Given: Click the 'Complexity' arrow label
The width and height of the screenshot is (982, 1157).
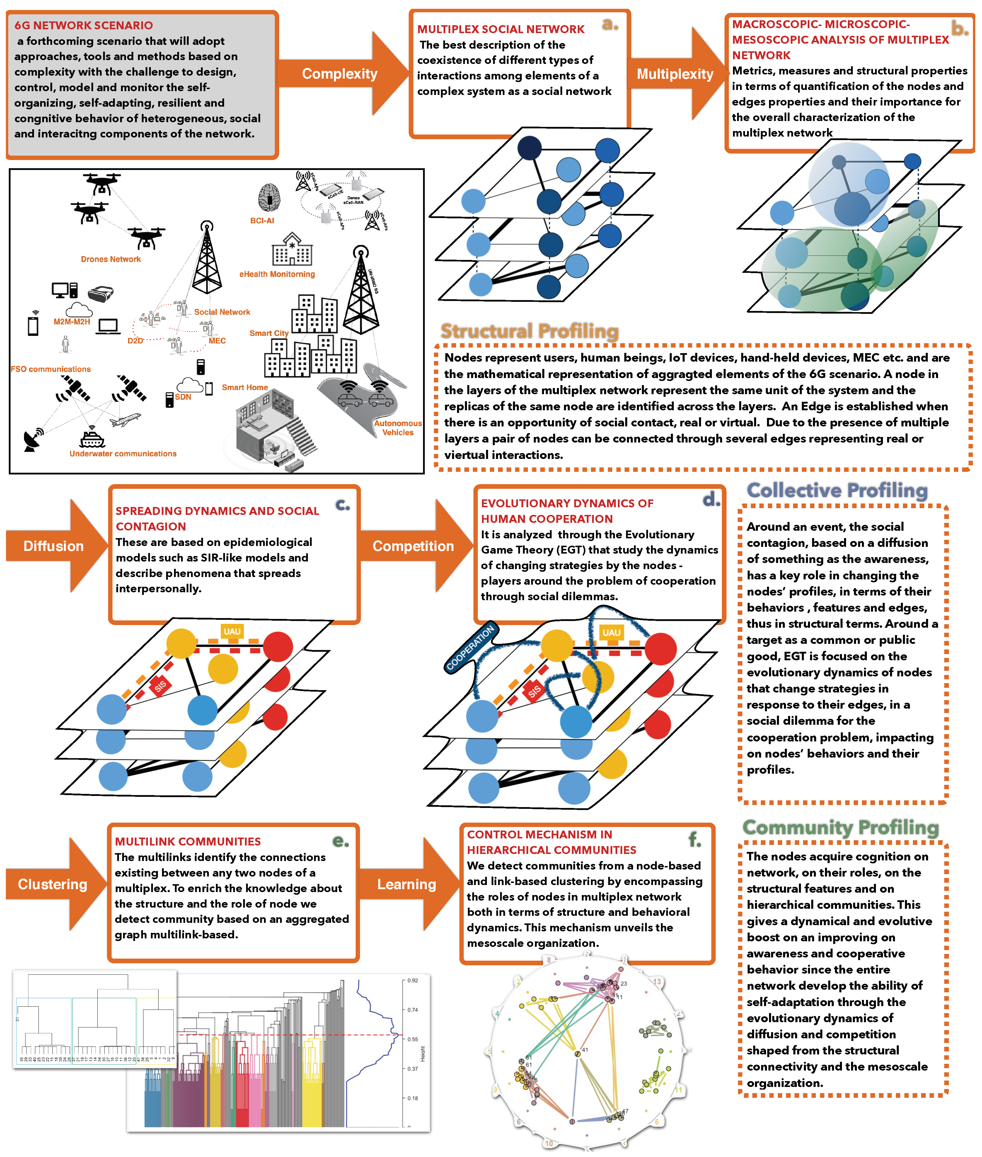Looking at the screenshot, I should tap(340, 74).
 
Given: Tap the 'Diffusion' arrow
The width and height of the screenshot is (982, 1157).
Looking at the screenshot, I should tap(53, 546).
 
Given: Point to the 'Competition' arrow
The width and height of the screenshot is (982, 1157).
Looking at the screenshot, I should tap(413, 546).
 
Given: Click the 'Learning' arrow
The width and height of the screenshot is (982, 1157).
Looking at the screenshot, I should tap(406, 884).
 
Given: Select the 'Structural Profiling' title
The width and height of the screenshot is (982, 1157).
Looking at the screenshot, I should tap(529, 331).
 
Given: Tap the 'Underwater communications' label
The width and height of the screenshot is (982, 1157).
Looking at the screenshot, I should tap(123, 454).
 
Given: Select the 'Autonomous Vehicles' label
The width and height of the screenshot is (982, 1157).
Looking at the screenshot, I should tap(398, 428).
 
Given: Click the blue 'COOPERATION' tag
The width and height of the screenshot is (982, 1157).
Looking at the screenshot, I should tap(470, 648).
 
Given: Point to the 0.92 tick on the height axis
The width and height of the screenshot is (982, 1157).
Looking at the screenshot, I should tap(412, 981).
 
